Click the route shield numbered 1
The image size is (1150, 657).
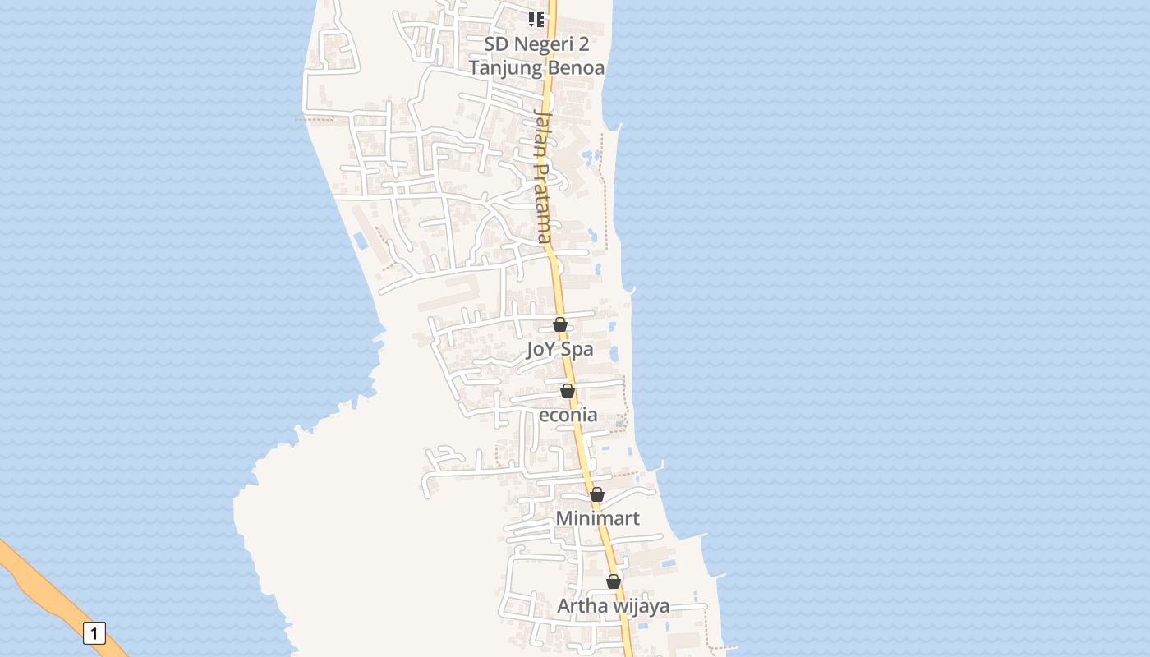point(94,633)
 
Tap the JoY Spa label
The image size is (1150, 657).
point(559,349)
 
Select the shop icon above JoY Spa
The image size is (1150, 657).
point(560,324)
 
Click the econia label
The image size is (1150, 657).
point(568,415)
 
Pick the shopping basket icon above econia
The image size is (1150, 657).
point(568,390)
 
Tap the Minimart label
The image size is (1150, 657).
point(597,519)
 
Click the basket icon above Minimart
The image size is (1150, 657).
point(597,494)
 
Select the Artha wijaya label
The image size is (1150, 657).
point(613,606)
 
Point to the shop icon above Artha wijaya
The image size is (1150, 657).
point(614,581)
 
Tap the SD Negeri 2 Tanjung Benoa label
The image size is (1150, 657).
point(536,56)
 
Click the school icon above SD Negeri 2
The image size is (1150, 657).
point(536,19)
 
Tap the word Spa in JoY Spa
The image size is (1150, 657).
point(577,349)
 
